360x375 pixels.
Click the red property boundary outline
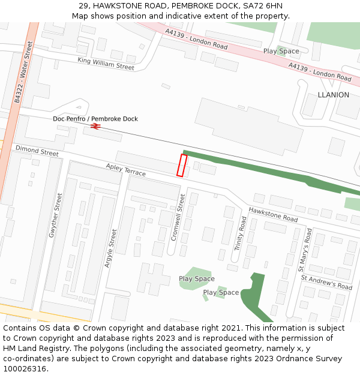182,166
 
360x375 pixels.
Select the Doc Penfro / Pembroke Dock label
95,119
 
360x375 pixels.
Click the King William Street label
106,64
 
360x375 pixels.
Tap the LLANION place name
333,95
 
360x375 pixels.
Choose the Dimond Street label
37,151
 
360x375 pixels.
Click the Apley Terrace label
126,170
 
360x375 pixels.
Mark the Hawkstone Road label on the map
273,214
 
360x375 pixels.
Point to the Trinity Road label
240,233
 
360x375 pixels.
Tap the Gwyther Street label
56,215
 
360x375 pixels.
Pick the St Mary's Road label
305,250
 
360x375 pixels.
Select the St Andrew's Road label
326,283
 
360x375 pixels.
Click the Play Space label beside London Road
281,51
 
